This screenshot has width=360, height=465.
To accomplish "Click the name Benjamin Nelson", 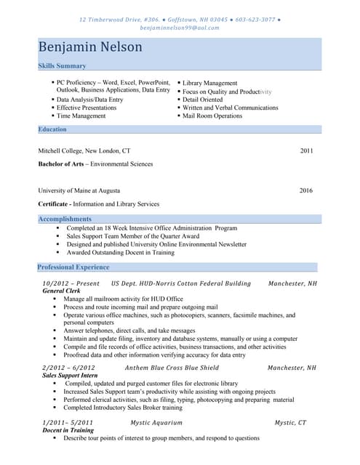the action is (x=90, y=48).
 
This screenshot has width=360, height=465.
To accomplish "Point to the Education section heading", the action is (x=52, y=129).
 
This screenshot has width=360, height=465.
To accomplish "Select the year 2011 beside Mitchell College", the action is (x=306, y=151).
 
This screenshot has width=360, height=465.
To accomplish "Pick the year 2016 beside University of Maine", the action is (x=306, y=191).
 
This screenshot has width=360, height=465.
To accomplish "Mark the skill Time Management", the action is (x=81, y=116).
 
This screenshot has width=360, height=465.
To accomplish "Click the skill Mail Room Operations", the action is (x=212, y=116).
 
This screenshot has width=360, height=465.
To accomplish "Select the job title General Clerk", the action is (x=62, y=291).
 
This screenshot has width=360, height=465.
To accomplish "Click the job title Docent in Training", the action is (x=68, y=431).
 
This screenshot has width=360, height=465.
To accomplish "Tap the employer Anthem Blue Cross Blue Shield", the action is (x=172, y=368).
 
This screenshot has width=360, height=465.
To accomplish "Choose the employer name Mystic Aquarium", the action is (x=156, y=423).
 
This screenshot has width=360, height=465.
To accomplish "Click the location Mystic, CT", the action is (x=290, y=423).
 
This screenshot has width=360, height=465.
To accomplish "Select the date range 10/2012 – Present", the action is (x=71, y=283).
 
